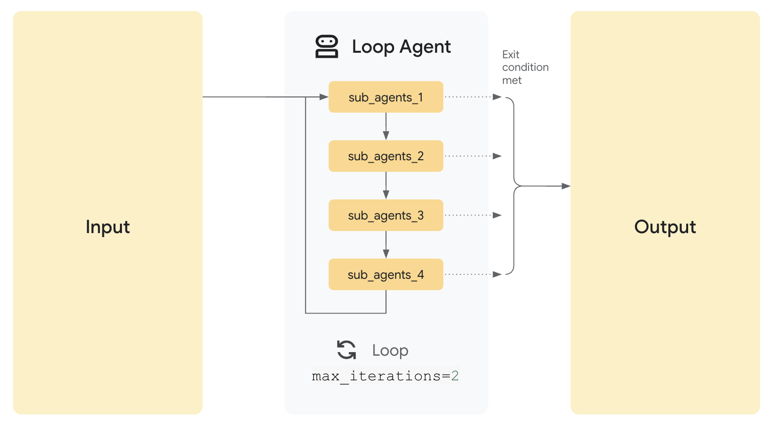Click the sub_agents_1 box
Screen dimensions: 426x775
(385, 97)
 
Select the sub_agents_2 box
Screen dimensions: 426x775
(385, 156)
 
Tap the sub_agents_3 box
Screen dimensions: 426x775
(385, 216)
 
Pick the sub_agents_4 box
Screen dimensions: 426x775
(385, 274)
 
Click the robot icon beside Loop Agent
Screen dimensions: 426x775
(326, 47)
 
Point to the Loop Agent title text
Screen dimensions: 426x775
(401, 47)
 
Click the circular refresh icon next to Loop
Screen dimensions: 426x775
(346, 350)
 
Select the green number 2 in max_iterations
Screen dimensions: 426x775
(455, 376)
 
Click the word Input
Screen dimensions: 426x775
(107, 227)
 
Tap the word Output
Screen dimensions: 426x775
(665, 227)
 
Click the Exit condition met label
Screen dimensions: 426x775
(525, 67)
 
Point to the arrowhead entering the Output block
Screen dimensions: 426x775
(566, 186)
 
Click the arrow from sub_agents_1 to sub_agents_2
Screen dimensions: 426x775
(385, 126)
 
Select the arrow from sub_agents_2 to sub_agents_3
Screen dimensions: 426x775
(385, 185)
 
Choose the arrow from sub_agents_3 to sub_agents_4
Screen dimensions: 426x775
(385, 245)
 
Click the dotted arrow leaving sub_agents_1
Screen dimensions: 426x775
(472, 97)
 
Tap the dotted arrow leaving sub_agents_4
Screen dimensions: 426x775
(472, 274)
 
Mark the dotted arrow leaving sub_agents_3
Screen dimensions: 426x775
(472, 215)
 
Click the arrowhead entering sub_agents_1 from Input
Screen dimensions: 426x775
(324, 97)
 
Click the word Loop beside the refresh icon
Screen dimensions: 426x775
(390, 350)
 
